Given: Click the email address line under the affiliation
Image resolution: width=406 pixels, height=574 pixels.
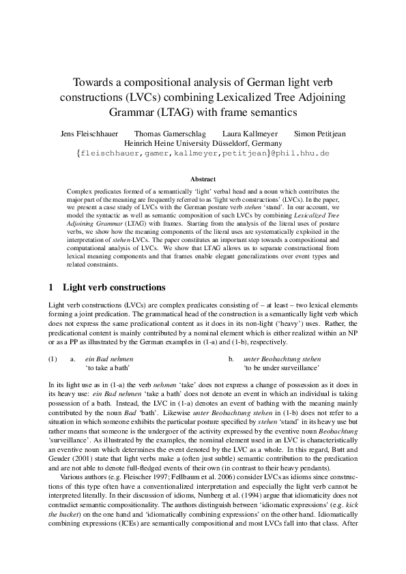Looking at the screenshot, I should (x=203, y=154).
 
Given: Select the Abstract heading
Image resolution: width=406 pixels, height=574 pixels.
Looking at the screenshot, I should (x=203, y=179).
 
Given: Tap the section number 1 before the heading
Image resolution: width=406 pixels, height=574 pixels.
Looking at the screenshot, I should (x=53, y=287).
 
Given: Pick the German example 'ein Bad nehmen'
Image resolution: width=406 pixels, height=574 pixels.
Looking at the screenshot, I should (x=108, y=359).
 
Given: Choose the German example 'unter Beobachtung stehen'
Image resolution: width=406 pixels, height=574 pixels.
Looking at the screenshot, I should (x=282, y=359).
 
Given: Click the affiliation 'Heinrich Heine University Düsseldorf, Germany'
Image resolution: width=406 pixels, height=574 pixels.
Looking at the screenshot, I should (x=203, y=144).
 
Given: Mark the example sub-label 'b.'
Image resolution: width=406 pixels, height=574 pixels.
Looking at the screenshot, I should (x=231, y=359).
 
